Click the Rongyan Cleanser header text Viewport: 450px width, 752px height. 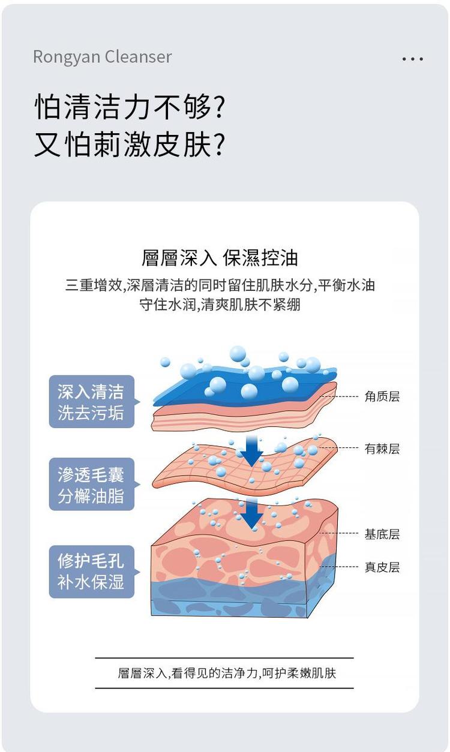point(103,57)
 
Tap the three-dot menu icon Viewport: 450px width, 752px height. point(412,59)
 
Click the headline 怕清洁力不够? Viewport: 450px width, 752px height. point(129,107)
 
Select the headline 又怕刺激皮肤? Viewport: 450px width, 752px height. point(129,144)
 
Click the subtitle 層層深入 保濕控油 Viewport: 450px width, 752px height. point(220,258)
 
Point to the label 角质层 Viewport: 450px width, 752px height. point(382,396)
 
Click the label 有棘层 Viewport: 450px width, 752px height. point(382,449)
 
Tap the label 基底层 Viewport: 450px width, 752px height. point(382,534)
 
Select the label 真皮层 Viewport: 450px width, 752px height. point(382,567)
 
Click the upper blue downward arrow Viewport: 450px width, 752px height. point(251,451)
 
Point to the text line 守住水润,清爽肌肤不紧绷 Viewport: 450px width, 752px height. point(220,305)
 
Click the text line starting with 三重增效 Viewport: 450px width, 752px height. point(220,285)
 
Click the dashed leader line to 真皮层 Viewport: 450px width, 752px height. point(338,567)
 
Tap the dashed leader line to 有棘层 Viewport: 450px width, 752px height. point(338,448)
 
